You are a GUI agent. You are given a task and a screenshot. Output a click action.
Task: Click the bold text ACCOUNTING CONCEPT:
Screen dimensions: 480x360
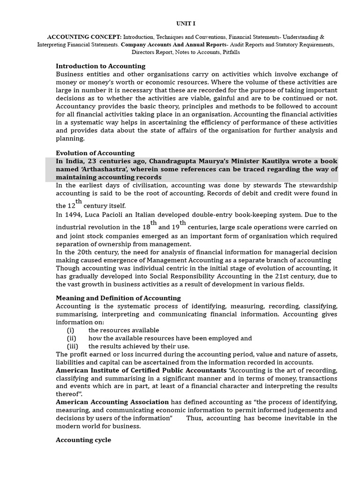pyautogui.click(x=77, y=37)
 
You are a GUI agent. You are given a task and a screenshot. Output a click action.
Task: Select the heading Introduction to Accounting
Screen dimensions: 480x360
pyautogui.click(x=100, y=66)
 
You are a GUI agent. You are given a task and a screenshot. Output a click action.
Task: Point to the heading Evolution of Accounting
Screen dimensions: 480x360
pyautogui.click(x=95, y=153)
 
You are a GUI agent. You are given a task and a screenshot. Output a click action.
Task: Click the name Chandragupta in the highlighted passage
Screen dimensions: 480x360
pyautogui.click(x=172, y=161)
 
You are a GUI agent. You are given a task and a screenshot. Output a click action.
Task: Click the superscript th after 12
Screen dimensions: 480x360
pyautogui.click(x=79, y=202)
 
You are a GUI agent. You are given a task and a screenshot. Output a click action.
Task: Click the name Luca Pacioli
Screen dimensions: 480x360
pyautogui.click(x=104, y=215)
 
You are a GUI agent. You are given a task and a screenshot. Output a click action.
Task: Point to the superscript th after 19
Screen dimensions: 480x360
pyautogui.click(x=183, y=223)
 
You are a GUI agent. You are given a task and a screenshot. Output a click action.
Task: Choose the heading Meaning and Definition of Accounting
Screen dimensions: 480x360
pyautogui.click(x=118, y=298)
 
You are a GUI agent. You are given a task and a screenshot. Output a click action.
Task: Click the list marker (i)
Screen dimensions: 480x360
pyautogui.click(x=71, y=330)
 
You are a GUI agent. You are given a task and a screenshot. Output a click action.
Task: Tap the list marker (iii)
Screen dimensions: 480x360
pyautogui.click(x=72, y=346)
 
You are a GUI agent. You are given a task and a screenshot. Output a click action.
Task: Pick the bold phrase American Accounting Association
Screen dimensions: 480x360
pyautogui.click(x=112, y=402)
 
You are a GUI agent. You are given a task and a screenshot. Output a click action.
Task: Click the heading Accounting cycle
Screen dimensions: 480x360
pyautogui.click(x=83, y=440)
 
